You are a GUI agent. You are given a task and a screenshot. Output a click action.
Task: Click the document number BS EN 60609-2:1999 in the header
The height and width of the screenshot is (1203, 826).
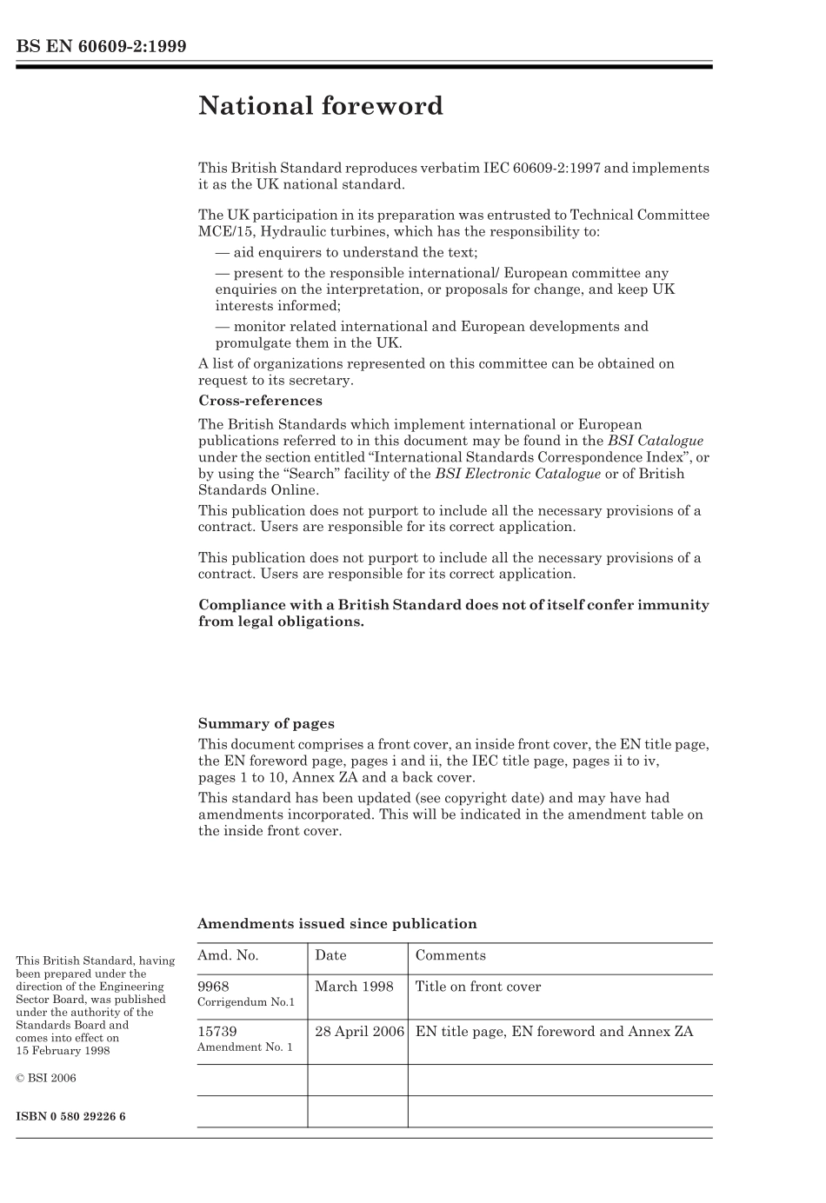101,47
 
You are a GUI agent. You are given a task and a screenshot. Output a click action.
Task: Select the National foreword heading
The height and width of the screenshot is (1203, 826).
320,106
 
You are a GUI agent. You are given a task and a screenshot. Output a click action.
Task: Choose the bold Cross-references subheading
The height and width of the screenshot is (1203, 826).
260,401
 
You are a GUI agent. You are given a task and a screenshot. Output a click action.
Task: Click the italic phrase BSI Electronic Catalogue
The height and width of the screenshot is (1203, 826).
517,474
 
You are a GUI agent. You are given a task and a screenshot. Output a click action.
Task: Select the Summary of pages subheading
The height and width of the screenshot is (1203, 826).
266,723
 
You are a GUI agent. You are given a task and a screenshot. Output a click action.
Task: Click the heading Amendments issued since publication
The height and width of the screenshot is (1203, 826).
337,923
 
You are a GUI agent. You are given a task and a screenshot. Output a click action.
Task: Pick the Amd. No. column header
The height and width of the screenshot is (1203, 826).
228,955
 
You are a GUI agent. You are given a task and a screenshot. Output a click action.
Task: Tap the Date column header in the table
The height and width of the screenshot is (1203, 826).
330,955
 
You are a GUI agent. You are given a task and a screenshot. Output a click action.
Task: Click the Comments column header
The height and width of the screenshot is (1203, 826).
450,955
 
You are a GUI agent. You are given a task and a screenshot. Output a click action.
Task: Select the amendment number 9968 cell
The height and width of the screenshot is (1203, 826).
214,987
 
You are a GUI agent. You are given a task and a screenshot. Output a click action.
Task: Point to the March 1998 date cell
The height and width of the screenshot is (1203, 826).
354,987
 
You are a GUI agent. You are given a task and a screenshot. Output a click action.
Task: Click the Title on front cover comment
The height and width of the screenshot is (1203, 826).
478,987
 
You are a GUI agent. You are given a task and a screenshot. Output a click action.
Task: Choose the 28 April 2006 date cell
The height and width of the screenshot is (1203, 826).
359,1032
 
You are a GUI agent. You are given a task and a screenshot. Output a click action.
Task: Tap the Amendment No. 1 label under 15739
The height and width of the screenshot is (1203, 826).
245,1047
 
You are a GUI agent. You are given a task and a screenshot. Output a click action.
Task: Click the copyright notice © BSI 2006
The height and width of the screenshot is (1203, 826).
46,1078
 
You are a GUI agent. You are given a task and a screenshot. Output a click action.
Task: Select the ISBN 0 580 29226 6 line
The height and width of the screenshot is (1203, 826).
70,1116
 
